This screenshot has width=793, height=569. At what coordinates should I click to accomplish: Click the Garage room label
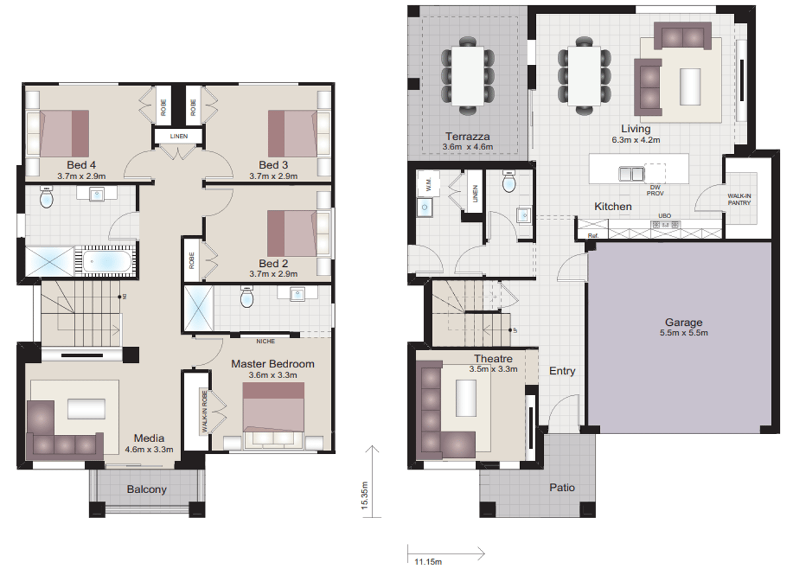pos(683,322)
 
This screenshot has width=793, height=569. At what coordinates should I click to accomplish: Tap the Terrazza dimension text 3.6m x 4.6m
pos(468,147)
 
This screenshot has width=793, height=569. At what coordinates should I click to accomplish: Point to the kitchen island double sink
pos(631,173)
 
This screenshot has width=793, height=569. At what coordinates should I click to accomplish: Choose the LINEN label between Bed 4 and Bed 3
pos(178,137)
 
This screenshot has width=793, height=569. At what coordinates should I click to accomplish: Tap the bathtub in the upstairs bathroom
pos(106,261)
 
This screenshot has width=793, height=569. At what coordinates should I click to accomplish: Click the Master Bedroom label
pos(272,363)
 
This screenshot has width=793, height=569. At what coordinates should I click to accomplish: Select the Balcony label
pos(147,490)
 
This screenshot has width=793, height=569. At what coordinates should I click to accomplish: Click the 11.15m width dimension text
pos(428,562)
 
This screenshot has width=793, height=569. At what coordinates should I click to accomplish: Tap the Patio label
pos(562,488)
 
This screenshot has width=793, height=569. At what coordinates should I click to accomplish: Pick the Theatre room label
pos(493,359)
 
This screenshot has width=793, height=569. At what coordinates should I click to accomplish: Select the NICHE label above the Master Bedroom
pos(266,341)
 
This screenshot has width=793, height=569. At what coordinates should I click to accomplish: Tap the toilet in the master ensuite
pos(247,298)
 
